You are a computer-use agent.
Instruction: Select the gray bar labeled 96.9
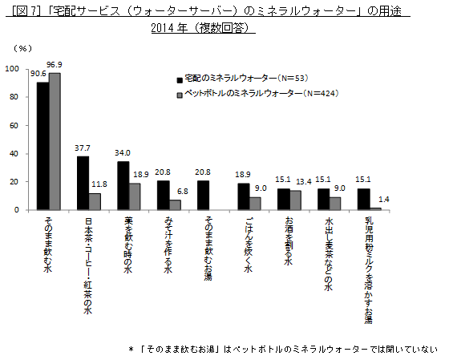pos(55,141)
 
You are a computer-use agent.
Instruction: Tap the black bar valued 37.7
pos(83,183)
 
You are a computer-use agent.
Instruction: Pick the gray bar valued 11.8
pos(95,201)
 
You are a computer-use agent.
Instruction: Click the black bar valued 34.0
pos(123,185)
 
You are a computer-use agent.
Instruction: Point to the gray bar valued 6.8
pos(175,205)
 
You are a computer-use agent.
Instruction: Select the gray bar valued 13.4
pos(295,200)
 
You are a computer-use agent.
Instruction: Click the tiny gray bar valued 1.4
pos(375,208)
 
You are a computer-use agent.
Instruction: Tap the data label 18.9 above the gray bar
pos(140,174)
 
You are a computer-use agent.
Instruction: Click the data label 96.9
pos(55,64)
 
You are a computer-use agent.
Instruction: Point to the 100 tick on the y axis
pos(12,69)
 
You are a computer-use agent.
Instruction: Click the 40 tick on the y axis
pos(14,154)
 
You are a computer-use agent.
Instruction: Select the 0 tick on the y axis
pos(17,210)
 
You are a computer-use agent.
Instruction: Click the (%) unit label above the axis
pos(22,48)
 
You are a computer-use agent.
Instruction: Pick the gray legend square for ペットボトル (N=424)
pos(180,94)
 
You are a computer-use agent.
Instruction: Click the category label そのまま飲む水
pos(49,245)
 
